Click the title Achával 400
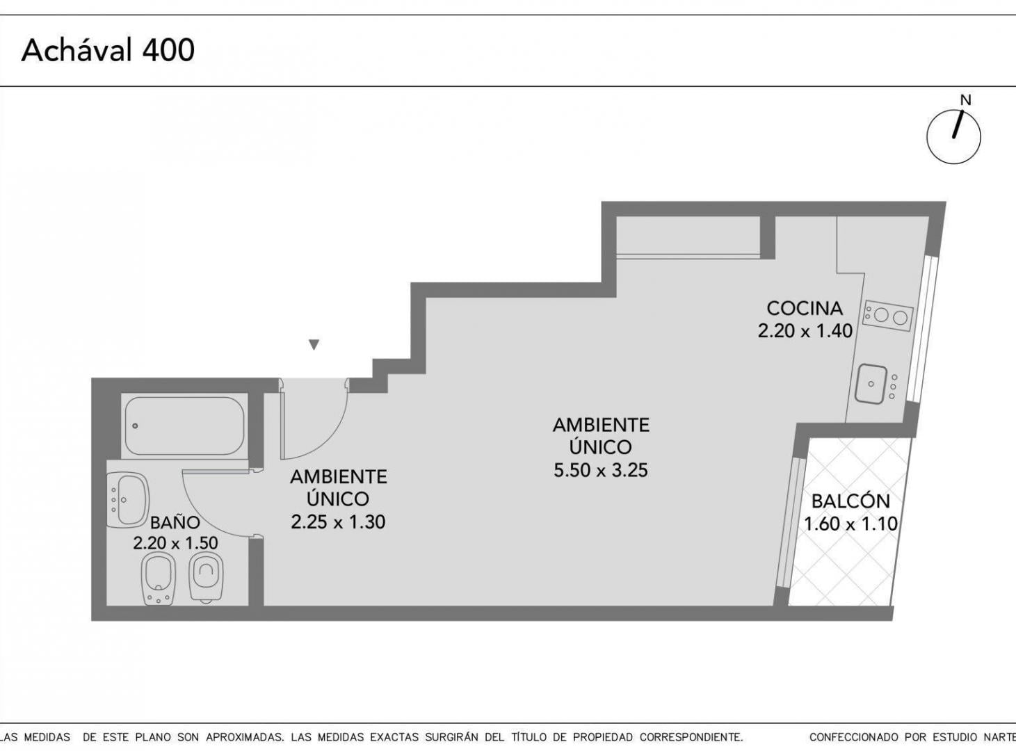pyautogui.click(x=108, y=50)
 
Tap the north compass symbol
pyautogui.click(x=953, y=132)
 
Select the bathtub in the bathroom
pyautogui.click(x=184, y=426)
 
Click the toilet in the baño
pyautogui.click(x=206, y=576)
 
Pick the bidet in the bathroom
pyautogui.click(x=159, y=579)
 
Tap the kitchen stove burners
pyautogui.click(x=888, y=316)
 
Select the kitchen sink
pyautogui.click(x=871, y=384)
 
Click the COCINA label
pyautogui.click(x=805, y=308)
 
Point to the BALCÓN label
pyautogui.click(x=851, y=501)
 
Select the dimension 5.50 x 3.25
pyautogui.click(x=601, y=470)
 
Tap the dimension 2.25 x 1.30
pyautogui.click(x=338, y=522)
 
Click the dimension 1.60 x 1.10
pyautogui.click(x=851, y=524)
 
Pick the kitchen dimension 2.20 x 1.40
pyautogui.click(x=805, y=330)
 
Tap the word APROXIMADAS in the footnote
pyautogui.click(x=243, y=737)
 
